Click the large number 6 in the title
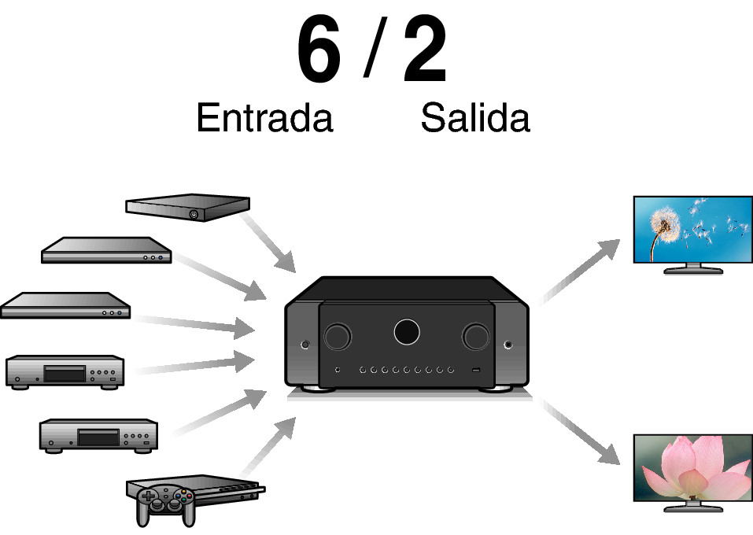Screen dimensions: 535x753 [319, 50]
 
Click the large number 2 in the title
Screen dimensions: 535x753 [425, 50]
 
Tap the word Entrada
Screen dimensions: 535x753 [264, 118]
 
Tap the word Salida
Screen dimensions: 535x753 [474, 118]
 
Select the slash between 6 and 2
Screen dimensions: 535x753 [371, 50]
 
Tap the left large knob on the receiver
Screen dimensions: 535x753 [337, 336]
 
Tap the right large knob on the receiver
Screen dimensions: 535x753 [475, 336]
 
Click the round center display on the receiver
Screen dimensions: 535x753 [406, 331]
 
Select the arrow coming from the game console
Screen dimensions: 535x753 [268, 448]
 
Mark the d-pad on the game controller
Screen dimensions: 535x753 [148, 497]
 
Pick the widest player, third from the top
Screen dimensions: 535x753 [65, 305]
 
